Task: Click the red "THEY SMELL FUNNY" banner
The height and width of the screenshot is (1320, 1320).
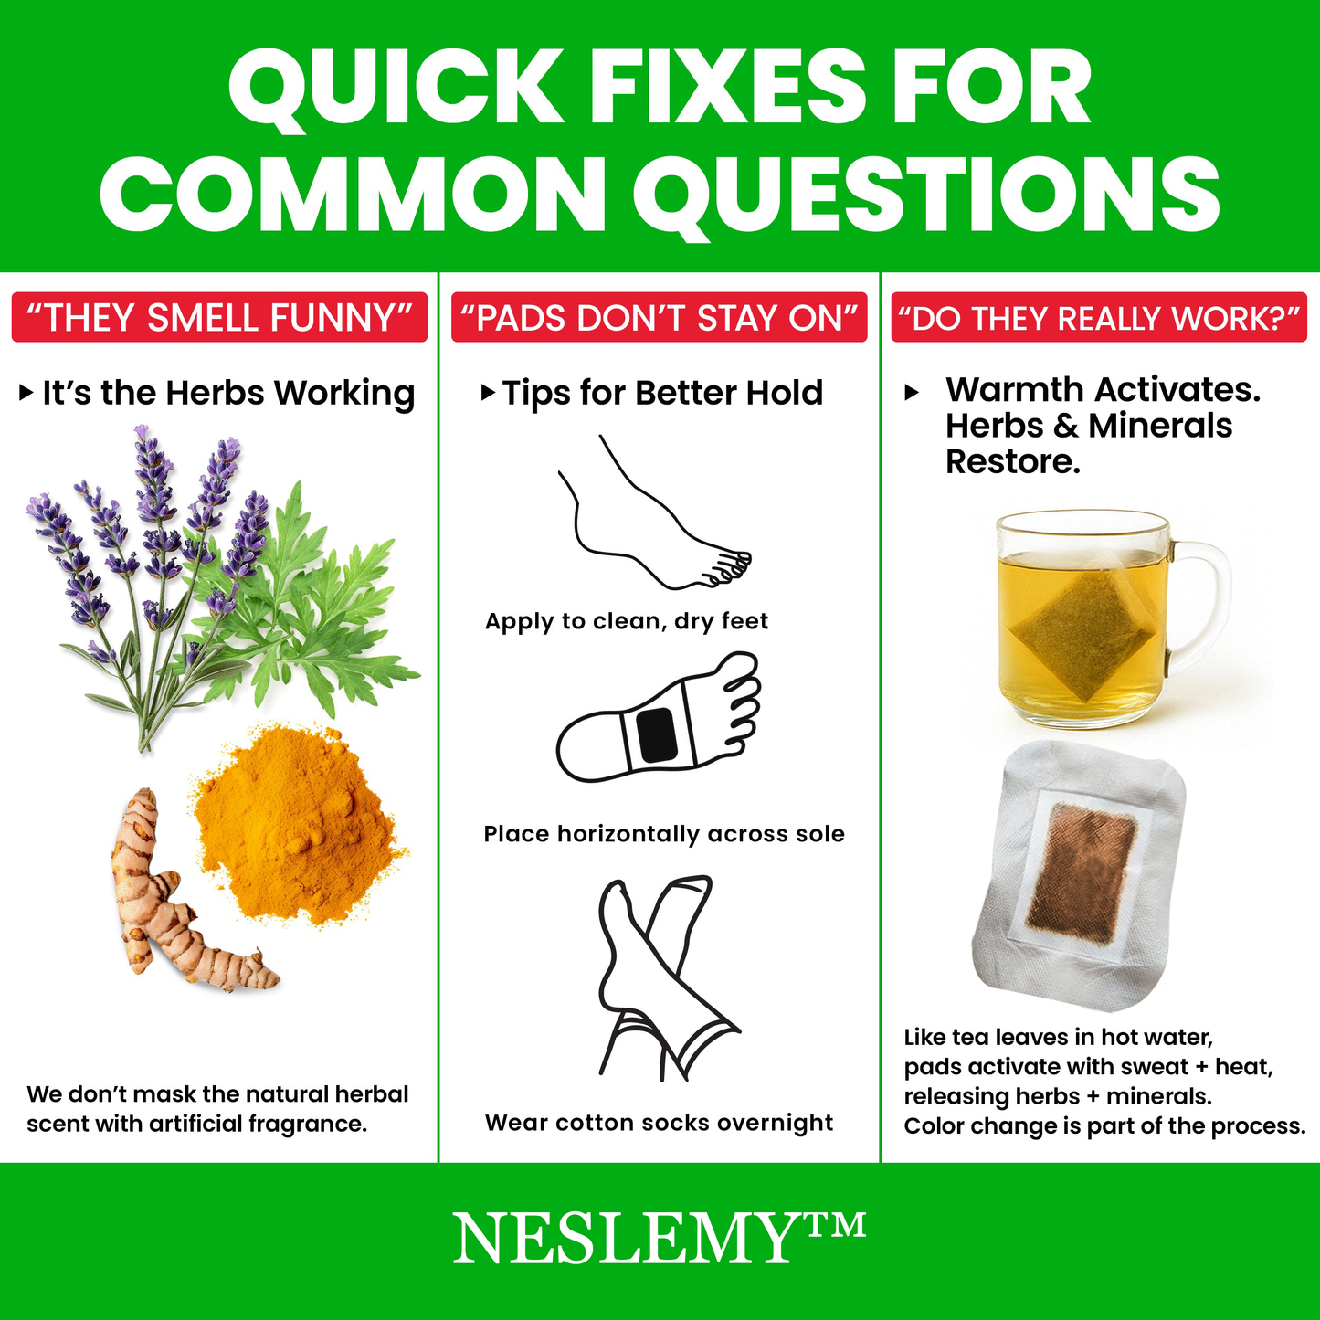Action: pyautogui.click(x=219, y=317)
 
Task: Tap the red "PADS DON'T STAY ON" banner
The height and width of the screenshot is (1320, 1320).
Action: pyautogui.click(x=659, y=317)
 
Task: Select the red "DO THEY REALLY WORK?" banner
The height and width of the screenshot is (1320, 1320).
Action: pyautogui.click(x=1099, y=317)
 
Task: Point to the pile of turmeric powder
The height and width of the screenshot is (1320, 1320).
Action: pyautogui.click(x=298, y=822)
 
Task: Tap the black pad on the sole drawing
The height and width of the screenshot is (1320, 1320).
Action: pyautogui.click(x=656, y=735)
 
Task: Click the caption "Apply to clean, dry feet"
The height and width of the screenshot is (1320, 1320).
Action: pyautogui.click(x=626, y=621)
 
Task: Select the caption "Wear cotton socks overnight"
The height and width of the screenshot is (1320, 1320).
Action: pyautogui.click(x=659, y=1123)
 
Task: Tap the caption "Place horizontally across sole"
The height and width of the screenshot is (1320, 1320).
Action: pyautogui.click(x=664, y=834)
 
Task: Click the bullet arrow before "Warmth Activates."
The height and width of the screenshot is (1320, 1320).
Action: pyautogui.click(x=911, y=393)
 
